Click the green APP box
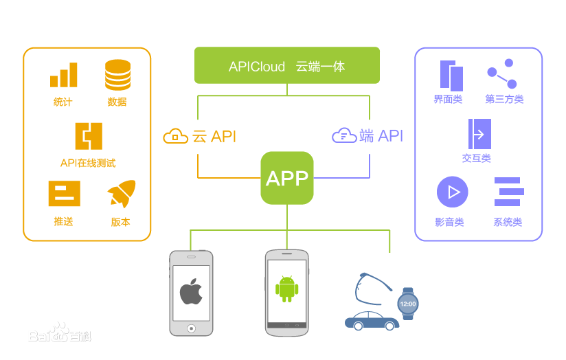point(287,178)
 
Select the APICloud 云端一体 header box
point(287,65)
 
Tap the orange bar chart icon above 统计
point(64,75)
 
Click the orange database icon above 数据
point(117,75)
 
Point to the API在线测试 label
point(88,163)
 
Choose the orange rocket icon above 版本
point(122,194)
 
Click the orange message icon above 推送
point(64,193)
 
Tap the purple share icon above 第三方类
point(501,74)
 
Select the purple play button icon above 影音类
point(452,192)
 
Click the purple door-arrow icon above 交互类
point(479,134)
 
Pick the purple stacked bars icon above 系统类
point(508,192)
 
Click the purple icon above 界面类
point(451,75)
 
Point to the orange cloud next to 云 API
point(176,136)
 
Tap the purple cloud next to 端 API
point(344,135)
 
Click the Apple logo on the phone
point(191,292)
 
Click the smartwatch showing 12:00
point(407,303)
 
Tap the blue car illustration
point(372,320)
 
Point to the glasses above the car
point(373,289)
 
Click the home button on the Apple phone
point(191,328)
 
